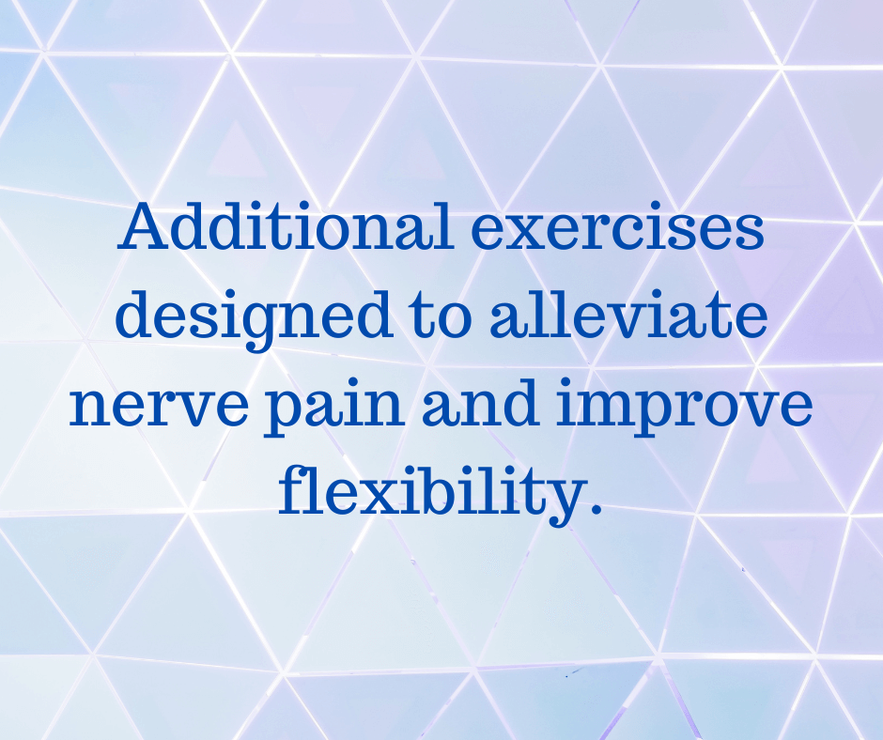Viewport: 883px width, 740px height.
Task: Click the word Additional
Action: [286, 225]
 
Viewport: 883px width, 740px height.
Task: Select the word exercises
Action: [617, 230]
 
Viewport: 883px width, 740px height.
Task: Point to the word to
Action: [441, 317]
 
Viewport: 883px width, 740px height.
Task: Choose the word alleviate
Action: [628, 314]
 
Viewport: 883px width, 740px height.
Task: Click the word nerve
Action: [158, 406]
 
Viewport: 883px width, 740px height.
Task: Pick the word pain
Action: [333, 409]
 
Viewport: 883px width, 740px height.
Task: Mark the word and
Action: [480, 402]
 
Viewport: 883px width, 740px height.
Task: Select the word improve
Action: [684, 409]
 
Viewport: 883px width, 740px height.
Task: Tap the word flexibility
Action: [428, 495]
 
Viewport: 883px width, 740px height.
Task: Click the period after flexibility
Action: [596, 509]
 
